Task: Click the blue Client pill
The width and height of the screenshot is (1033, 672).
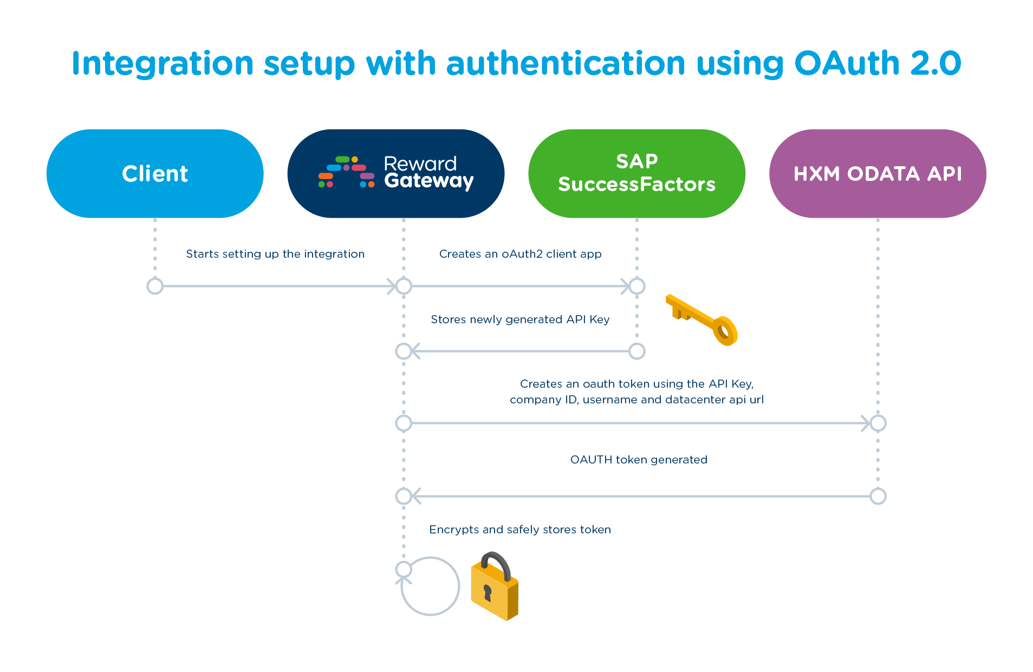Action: click(x=155, y=174)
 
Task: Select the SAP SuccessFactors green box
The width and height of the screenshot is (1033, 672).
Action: click(x=636, y=174)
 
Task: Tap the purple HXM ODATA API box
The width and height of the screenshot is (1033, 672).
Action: click(x=877, y=174)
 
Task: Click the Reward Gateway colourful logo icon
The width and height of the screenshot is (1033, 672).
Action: click(x=346, y=172)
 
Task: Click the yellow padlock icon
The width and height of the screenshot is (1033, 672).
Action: click(x=495, y=590)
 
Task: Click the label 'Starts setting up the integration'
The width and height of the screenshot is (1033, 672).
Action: click(x=275, y=254)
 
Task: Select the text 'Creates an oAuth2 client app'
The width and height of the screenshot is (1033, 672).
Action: click(x=520, y=254)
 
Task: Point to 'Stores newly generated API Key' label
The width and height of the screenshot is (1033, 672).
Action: click(x=520, y=319)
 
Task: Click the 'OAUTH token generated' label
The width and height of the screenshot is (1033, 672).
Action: click(x=639, y=460)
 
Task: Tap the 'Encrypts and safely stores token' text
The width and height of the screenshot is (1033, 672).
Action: click(x=520, y=530)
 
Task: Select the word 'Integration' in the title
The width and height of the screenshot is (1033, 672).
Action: click(x=163, y=63)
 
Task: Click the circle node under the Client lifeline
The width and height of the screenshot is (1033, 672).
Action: click(x=155, y=286)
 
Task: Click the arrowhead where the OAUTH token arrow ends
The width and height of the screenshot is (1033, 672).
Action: click(x=414, y=496)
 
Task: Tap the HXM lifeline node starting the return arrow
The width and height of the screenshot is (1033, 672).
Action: click(x=878, y=496)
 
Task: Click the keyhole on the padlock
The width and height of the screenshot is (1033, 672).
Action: click(x=487, y=592)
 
